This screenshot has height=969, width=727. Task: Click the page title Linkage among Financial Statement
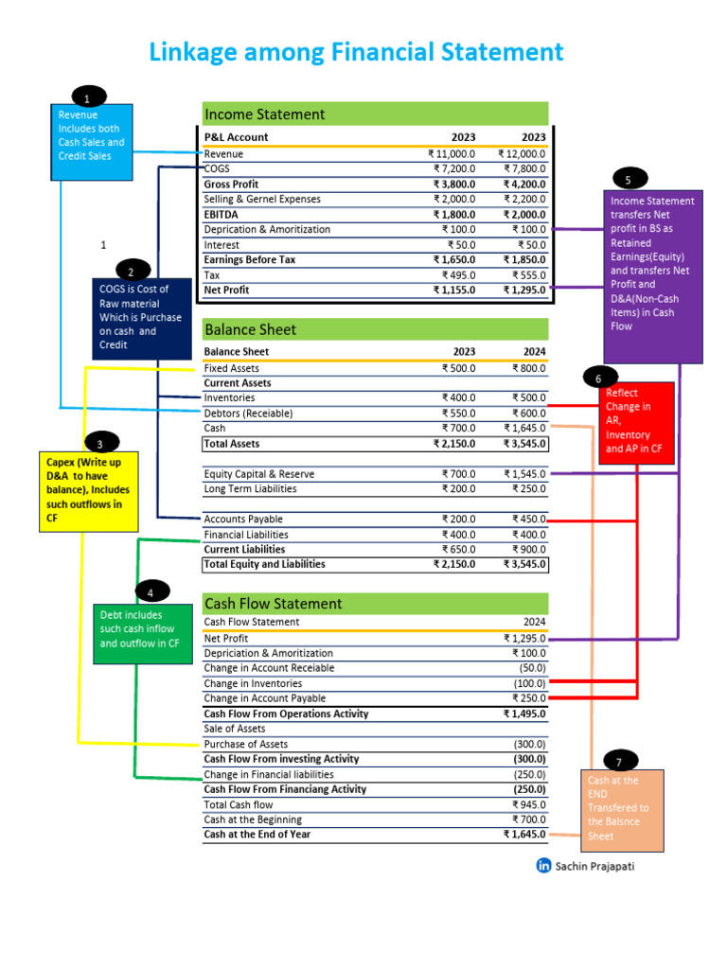click(x=356, y=52)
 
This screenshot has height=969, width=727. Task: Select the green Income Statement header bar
click(x=375, y=115)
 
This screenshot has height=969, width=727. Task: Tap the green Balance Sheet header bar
click(x=375, y=329)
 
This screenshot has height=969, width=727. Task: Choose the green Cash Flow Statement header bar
click(x=375, y=604)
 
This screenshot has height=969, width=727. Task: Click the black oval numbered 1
click(x=87, y=97)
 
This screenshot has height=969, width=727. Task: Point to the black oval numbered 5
click(x=629, y=179)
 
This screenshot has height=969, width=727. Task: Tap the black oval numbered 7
click(x=619, y=761)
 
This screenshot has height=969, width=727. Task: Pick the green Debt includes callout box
click(x=139, y=629)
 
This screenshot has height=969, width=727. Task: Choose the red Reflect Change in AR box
click(x=635, y=422)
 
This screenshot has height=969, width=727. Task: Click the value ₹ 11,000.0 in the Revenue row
click(x=452, y=154)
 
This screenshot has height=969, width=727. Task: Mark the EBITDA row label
click(x=220, y=215)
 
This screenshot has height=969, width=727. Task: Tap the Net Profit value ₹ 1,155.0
click(x=454, y=291)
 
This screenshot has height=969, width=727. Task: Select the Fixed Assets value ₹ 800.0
click(x=528, y=368)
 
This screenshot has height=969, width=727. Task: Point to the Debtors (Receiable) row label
click(x=248, y=414)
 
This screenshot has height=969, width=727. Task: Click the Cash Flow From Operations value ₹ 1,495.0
click(x=524, y=714)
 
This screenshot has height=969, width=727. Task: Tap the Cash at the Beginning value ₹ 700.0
click(x=528, y=819)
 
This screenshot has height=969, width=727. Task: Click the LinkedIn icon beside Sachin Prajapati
click(x=544, y=865)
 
